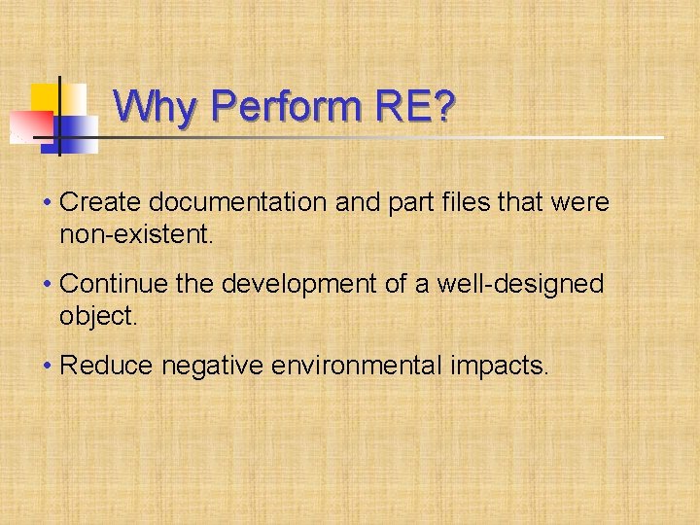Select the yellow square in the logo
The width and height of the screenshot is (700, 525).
click(46, 98)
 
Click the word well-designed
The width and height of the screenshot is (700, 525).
click(520, 284)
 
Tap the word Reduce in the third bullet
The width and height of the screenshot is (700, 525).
click(106, 366)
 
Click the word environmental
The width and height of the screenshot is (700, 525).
click(363, 366)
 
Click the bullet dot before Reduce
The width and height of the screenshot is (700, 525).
click(48, 367)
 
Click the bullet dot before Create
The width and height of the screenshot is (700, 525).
click(48, 203)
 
